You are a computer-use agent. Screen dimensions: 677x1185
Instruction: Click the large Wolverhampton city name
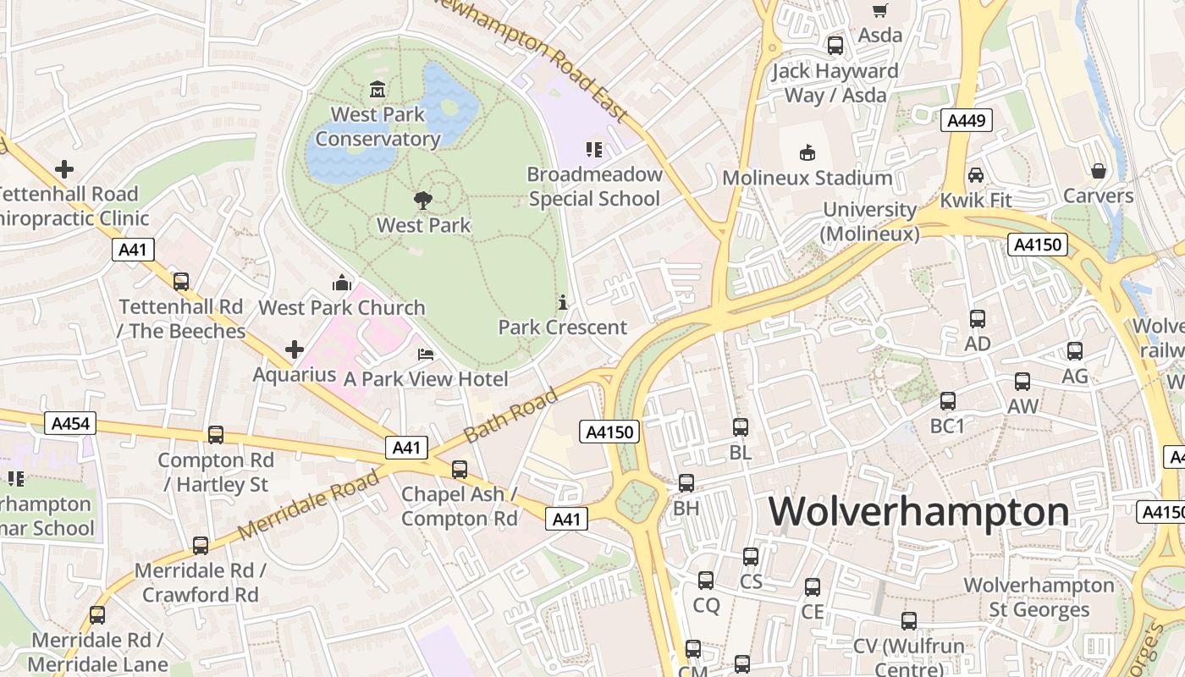(918, 512)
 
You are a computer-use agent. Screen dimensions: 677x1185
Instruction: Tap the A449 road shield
(966, 120)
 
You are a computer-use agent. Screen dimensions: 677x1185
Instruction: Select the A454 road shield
(70, 423)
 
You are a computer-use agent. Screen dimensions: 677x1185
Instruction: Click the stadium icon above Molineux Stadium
(807, 152)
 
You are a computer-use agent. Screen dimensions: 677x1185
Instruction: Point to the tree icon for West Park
(422, 201)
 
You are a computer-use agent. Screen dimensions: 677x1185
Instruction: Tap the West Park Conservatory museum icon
(378, 89)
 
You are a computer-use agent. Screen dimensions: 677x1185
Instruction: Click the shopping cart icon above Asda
(880, 10)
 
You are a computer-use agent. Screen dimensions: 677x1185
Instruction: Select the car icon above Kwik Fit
(976, 175)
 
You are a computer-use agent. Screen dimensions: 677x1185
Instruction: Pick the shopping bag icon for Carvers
(1098, 171)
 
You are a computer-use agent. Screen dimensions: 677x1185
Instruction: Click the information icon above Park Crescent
(562, 302)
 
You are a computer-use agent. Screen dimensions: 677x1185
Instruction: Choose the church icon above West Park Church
(342, 283)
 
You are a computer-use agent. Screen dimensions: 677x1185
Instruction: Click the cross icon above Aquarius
(294, 349)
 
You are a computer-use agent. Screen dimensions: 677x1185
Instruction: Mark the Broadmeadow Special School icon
(593, 150)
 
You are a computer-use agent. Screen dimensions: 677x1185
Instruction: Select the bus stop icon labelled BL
(741, 427)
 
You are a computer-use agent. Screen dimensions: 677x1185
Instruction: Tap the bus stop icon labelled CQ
(706, 581)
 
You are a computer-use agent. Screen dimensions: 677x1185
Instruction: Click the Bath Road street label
(511, 415)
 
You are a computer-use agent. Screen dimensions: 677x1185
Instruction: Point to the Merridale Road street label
(309, 506)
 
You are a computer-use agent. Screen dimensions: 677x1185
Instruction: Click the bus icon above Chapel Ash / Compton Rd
(459, 469)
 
